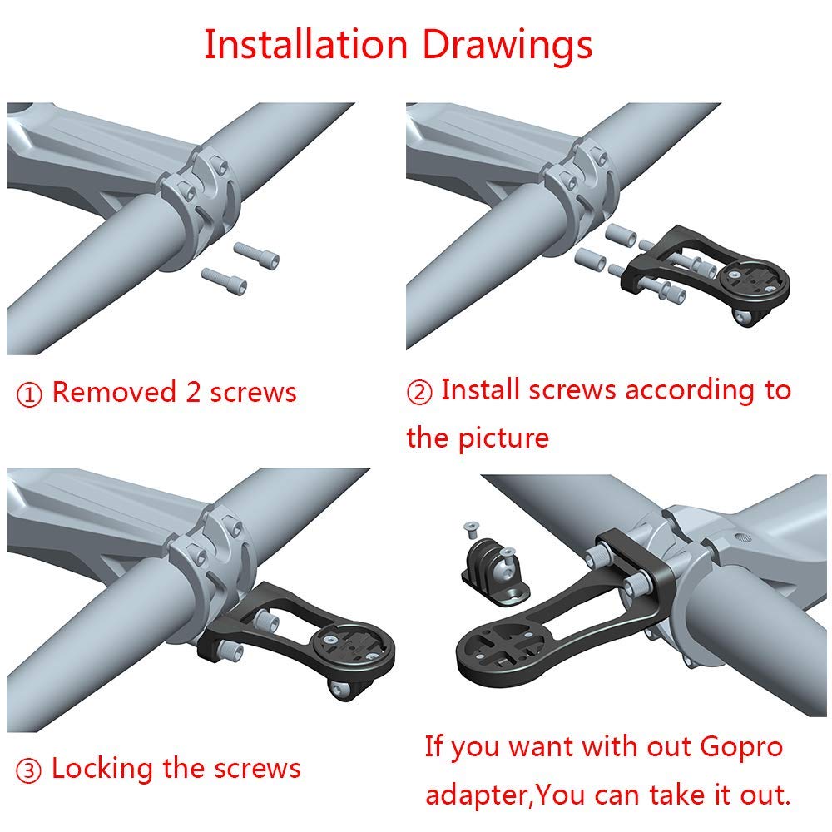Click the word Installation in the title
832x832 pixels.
305,45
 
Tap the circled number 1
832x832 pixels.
29,394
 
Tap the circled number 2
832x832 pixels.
419,392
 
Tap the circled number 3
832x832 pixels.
28,770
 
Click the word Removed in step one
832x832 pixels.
114,392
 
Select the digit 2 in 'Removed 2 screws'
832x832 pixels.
193,392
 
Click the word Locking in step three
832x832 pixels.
102,770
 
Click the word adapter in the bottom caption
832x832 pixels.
476,796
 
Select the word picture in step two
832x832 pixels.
503,438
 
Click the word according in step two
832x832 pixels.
690,391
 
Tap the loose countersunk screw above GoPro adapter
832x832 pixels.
470,527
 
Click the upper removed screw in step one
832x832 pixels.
256,254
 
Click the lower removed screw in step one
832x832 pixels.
224,280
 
